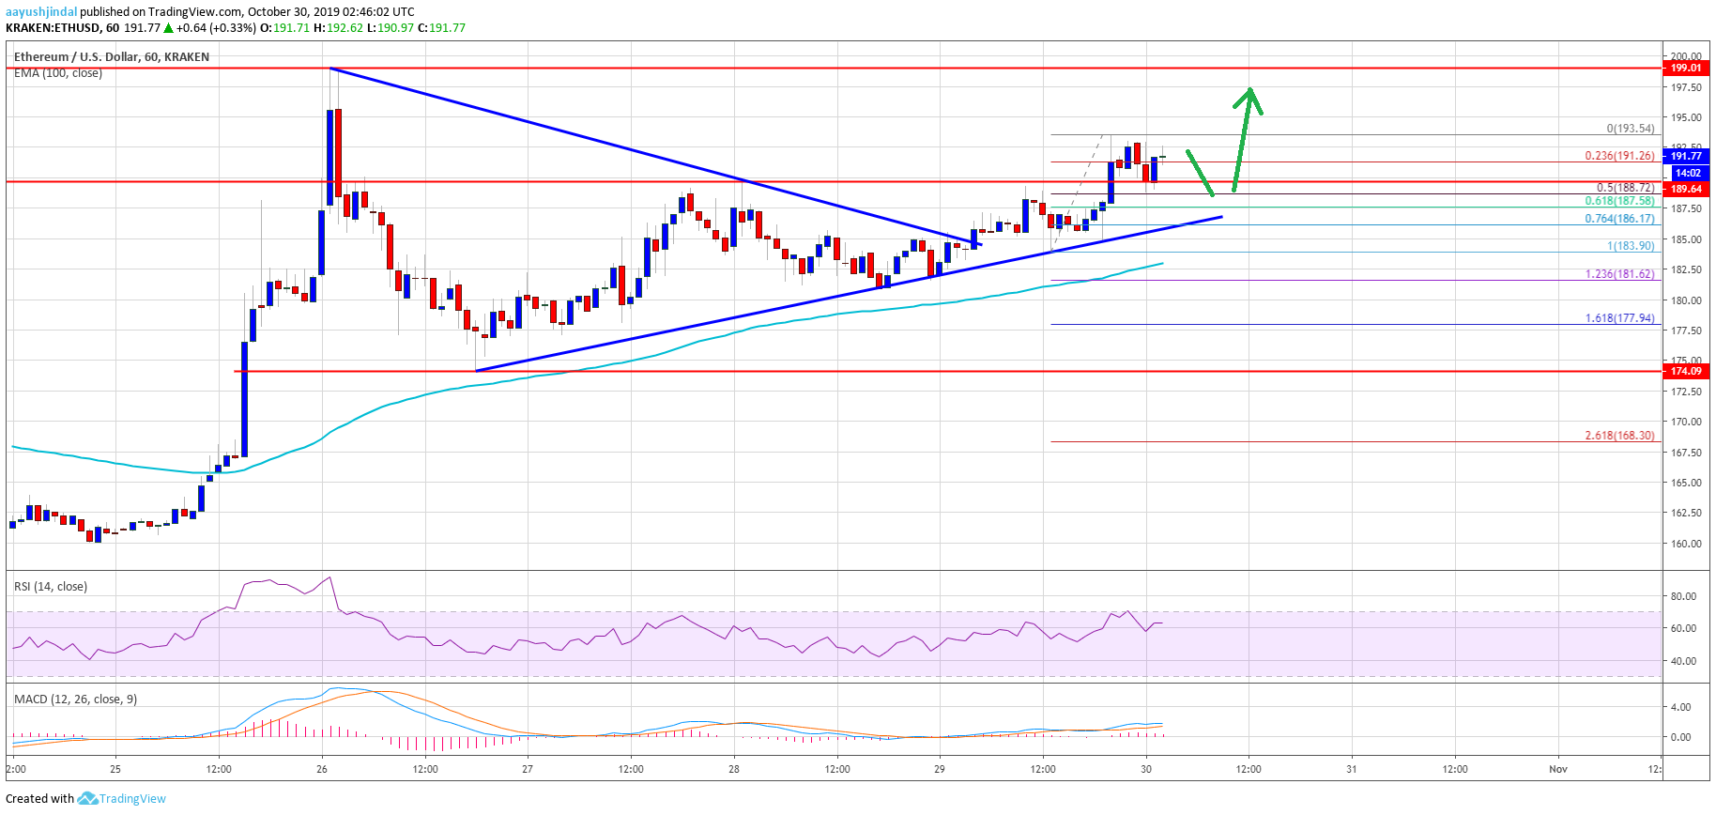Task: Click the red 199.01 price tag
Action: (x=1685, y=68)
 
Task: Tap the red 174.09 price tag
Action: (x=1685, y=371)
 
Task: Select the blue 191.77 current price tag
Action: (x=1685, y=156)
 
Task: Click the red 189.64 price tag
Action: (x=1685, y=189)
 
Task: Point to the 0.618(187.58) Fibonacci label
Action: (x=1619, y=201)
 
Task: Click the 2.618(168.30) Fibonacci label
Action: (x=1619, y=436)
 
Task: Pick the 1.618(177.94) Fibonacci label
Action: (x=1619, y=318)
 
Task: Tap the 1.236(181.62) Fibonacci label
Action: (x=1619, y=274)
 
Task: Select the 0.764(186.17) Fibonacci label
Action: (x=1619, y=219)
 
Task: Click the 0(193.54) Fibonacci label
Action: (x=1630, y=129)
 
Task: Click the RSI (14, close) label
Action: (x=51, y=587)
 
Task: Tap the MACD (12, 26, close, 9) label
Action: (x=75, y=700)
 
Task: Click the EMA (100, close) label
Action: (x=58, y=73)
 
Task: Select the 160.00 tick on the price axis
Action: (x=1686, y=544)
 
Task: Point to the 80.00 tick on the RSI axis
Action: (x=1683, y=596)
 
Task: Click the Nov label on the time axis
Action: (x=1558, y=769)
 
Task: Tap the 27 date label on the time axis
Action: (x=528, y=769)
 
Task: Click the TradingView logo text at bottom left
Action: (x=132, y=799)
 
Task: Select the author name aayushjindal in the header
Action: (x=41, y=11)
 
